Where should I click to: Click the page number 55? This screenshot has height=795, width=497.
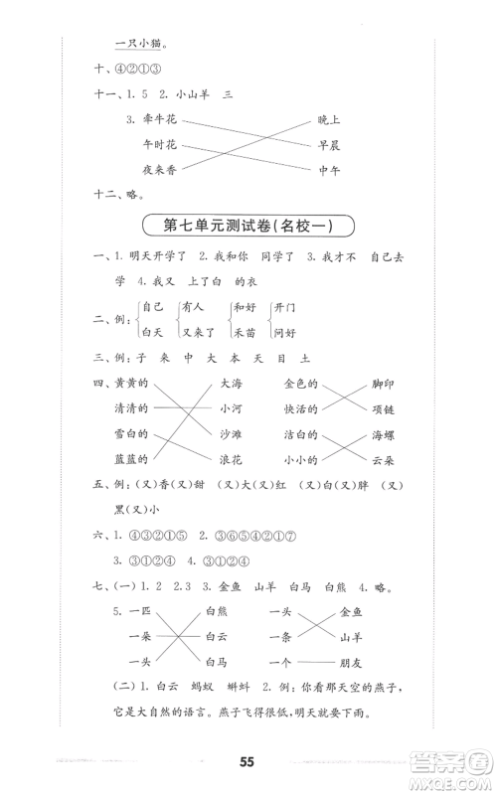tap(248, 761)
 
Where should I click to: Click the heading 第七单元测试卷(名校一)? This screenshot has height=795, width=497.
tap(248, 226)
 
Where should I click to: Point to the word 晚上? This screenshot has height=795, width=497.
tap(329, 120)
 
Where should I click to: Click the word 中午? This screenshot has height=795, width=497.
tap(329, 170)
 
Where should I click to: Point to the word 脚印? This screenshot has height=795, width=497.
tap(381, 384)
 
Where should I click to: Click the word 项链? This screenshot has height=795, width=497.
tap(381, 408)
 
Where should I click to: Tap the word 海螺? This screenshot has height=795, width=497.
tap(381, 434)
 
